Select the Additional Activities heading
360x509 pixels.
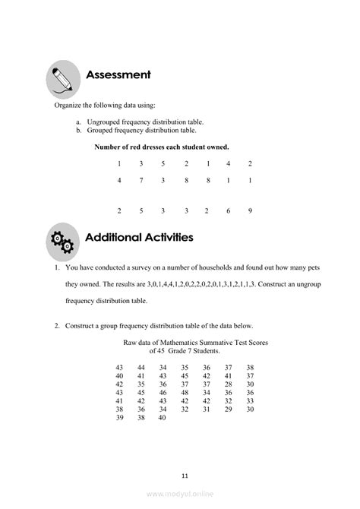tap(139, 237)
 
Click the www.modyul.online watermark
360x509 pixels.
tap(180, 494)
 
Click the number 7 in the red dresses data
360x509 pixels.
tap(141, 180)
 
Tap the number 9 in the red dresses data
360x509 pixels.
tap(250, 210)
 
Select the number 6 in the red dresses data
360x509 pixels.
tap(229, 210)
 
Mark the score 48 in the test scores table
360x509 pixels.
tap(185, 392)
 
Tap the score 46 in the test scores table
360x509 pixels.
tap(163, 392)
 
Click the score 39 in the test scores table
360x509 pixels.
tap(119, 417)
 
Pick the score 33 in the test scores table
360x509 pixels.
tap(251, 400)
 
